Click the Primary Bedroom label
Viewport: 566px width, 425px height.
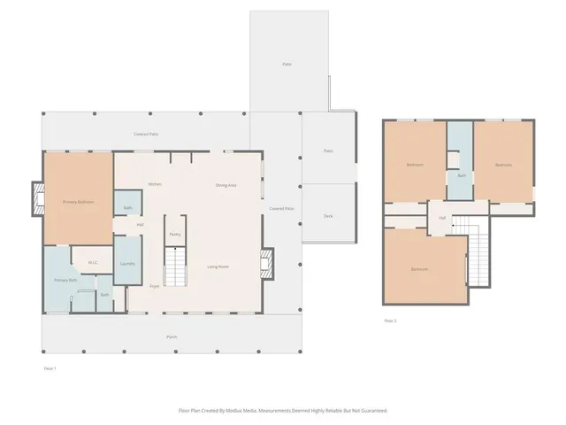click(78, 202)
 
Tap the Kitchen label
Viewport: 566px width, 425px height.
click(155, 184)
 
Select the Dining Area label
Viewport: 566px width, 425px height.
click(226, 185)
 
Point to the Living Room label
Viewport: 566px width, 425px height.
click(218, 267)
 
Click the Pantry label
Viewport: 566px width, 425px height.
click(175, 234)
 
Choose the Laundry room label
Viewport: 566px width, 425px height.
click(126, 264)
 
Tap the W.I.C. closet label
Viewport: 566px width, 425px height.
click(92, 262)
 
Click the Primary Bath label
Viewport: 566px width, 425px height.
click(65, 280)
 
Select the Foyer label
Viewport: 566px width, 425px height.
click(154, 286)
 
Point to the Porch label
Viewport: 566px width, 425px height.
click(172, 336)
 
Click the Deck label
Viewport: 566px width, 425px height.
click(327, 216)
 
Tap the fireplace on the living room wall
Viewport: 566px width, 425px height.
click(268, 262)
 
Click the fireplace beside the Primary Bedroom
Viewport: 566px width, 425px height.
click(37, 198)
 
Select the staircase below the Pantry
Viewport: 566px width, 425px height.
click(175, 265)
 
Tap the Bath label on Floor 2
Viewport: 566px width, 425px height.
click(461, 175)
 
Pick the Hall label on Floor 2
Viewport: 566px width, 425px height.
click(441, 217)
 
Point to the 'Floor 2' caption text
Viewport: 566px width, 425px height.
click(390, 321)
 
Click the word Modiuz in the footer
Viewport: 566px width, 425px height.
click(234, 411)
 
